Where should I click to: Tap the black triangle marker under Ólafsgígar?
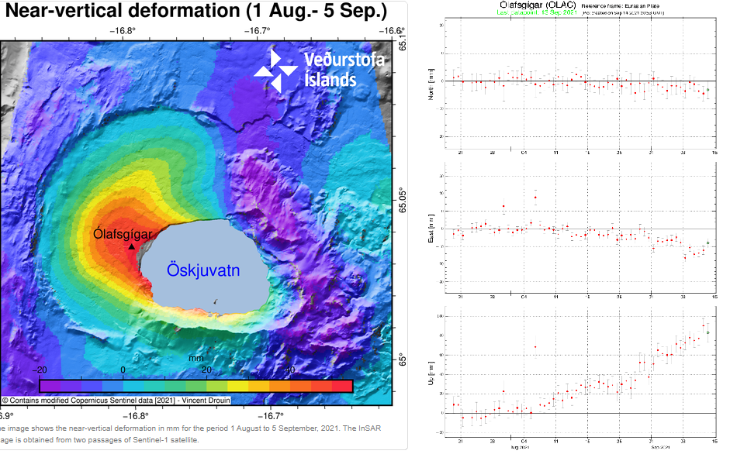[131, 247]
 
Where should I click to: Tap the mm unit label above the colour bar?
[195, 359]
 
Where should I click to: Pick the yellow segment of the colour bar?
[237, 385]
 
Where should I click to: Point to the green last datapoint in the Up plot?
[708, 332]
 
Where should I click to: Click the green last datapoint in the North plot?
[708, 91]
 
